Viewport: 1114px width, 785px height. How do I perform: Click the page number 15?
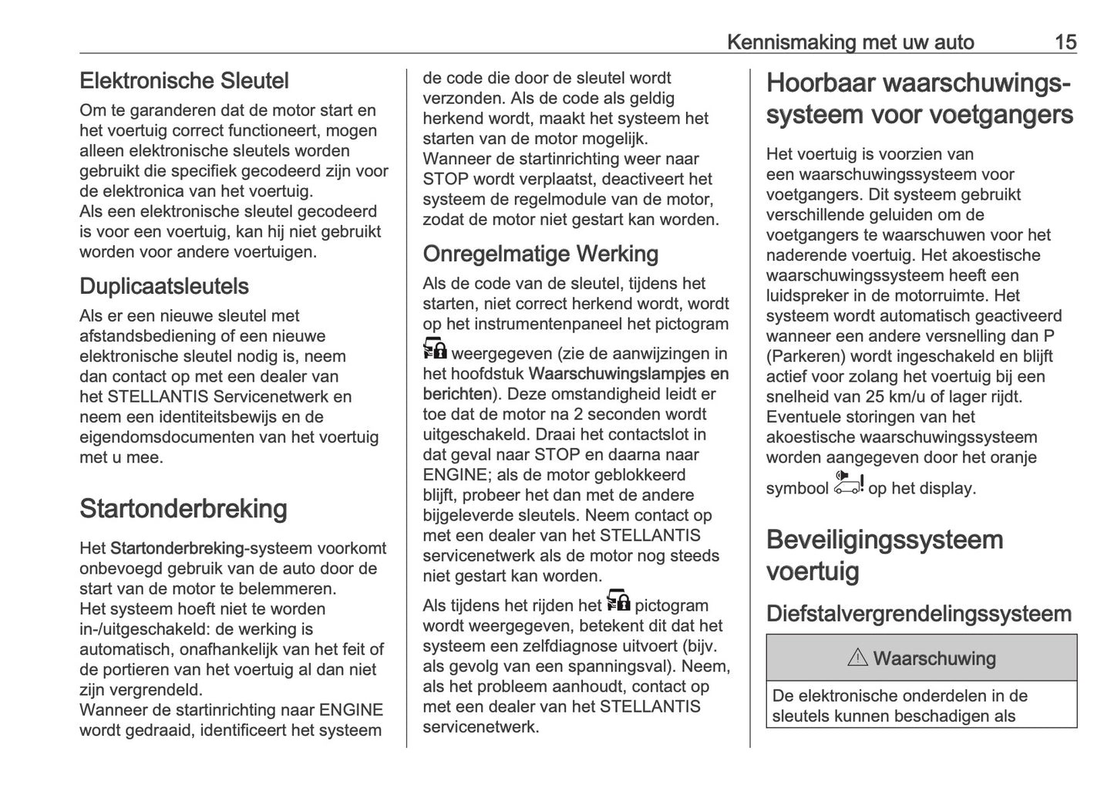(x=1065, y=42)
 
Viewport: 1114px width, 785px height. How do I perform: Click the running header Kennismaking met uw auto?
(x=850, y=42)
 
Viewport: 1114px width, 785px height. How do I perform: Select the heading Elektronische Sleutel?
(x=184, y=81)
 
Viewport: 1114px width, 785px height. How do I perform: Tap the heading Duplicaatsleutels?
(x=164, y=286)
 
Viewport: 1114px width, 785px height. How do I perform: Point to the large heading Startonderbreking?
(x=183, y=509)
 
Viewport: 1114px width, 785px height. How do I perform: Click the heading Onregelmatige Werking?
(x=540, y=254)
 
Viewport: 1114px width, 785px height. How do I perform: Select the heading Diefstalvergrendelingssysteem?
(x=919, y=614)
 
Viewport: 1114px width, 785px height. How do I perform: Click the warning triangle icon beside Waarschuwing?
(x=857, y=659)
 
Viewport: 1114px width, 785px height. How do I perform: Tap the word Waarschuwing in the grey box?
(x=934, y=659)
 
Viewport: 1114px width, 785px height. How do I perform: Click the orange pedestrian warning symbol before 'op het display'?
(x=849, y=483)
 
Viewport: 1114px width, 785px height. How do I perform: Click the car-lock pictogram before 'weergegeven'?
(x=435, y=349)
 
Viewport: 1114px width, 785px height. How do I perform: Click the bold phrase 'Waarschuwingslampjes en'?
(x=629, y=374)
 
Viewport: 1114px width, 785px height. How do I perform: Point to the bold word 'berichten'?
(x=457, y=394)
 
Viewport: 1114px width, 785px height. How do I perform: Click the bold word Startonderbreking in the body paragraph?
(x=177, y=548)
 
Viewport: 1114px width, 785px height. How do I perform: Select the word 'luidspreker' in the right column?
(x=807, y=295)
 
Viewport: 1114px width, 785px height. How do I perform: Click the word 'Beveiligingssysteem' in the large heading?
(x=884, y=540)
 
